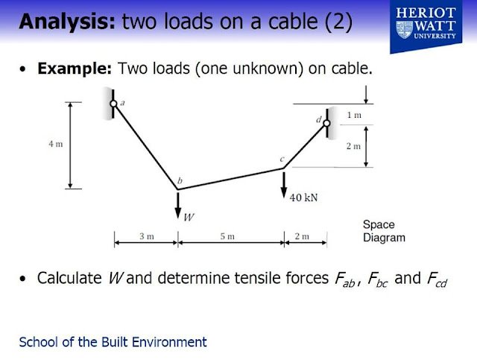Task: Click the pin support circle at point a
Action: [x=113, y=104]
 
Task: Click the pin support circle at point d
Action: [x=326, y=123]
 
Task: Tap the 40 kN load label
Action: [x=303, y=198]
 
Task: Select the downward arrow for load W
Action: [x=178, y=206]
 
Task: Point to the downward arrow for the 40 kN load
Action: [x=284, y=185]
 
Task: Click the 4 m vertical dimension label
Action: [x=56, y=144]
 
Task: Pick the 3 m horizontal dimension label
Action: [x=147, y=236]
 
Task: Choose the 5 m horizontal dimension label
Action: [x=227, y=236]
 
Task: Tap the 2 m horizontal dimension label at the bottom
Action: [x=302, y=236]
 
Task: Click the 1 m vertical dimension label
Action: [x=355, y=115]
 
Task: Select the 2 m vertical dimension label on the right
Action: [x=353, y=146]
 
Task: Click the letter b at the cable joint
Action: [x=180, y=181]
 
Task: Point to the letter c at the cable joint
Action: [x=282, y=160]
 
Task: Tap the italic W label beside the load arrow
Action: [x=189, y=218]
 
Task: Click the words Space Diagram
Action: [x=384, y=231]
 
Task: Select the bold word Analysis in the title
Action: [x=67, y=22]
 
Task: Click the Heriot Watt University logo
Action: [x=426, y=27]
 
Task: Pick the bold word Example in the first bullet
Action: [x=75, y=69]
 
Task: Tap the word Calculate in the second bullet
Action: [x=69, y=278]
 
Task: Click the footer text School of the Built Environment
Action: [x=113, y=342]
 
